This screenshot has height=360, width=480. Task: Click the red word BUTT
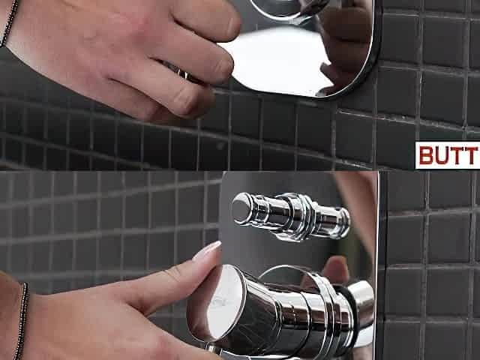[x=448, y=155]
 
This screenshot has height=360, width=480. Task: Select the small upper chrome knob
[x=291, y=215]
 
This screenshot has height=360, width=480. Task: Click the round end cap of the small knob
[x=241, y=208]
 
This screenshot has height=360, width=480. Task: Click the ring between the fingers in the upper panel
[x=181, y=73]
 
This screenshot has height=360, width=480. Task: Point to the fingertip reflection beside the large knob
[x=336, y=270]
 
